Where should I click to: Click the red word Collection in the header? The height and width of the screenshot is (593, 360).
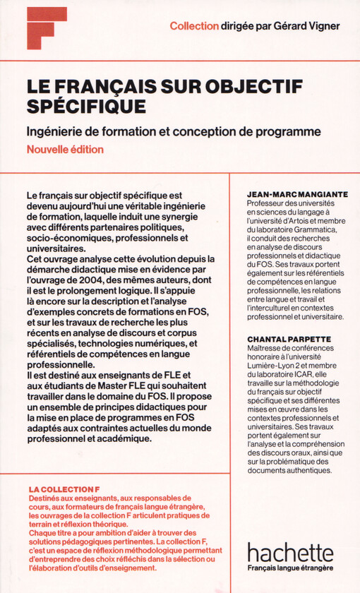[193, 26]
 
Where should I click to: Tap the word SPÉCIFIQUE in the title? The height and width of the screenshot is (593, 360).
[87, 106]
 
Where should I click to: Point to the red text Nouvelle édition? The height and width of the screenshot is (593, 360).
[65, 149]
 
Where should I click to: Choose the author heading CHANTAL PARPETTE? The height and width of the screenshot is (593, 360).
[289, 339]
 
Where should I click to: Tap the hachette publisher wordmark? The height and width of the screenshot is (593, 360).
[289, 552]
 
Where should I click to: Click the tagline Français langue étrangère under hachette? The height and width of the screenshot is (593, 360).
[290, 568]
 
